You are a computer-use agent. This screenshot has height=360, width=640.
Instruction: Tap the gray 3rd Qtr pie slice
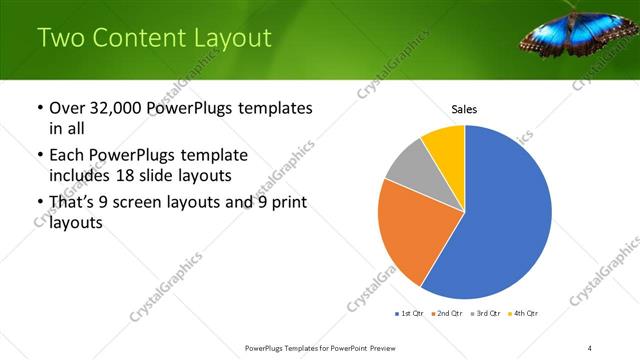click(407, 165)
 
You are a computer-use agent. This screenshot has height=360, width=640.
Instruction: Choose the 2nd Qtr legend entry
click(446, 314)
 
